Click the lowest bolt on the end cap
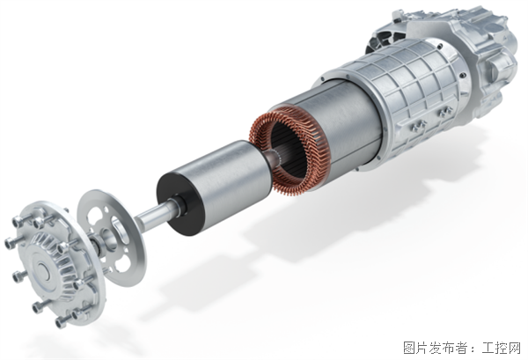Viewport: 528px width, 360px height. coord(62,323)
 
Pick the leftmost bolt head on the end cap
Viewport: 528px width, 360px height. coord(10,243)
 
